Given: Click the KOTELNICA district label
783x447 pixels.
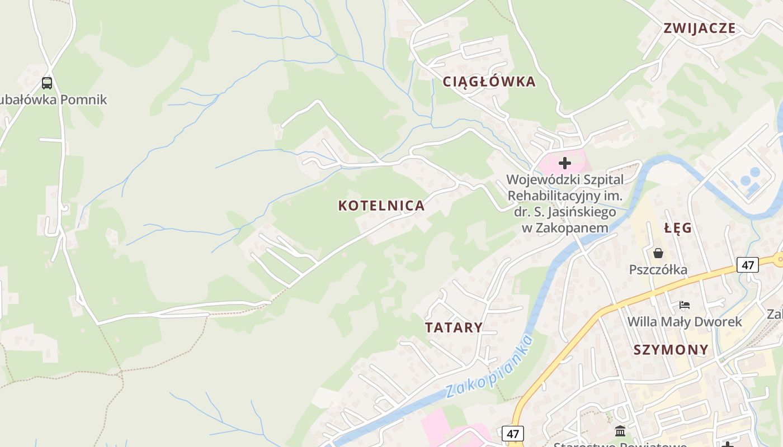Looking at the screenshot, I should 381,206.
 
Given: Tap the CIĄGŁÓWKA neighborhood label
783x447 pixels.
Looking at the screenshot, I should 489,82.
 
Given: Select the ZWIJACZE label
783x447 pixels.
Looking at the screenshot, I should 699,28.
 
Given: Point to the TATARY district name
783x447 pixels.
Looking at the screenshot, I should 454,327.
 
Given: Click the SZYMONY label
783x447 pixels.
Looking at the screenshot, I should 671,350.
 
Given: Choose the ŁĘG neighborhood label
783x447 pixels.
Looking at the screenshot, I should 678,228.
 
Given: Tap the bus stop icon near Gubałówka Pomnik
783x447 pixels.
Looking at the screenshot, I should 47,83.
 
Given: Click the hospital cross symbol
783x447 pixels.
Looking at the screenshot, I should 565,163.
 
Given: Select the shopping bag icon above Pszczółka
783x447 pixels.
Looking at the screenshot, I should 658,253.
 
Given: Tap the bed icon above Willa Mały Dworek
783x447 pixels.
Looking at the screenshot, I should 685,305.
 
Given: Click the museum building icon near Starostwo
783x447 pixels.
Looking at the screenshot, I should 620,431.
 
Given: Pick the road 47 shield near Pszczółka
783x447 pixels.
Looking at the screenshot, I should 748,264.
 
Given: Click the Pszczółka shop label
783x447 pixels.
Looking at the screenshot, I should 658,270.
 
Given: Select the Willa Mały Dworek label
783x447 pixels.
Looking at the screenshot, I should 685,322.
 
